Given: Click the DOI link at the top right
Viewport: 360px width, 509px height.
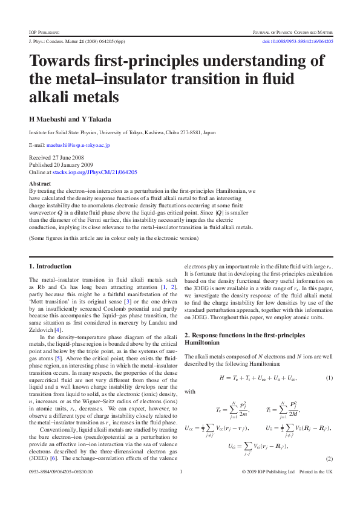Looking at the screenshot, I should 296,41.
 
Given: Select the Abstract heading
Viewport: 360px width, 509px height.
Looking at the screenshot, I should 40,183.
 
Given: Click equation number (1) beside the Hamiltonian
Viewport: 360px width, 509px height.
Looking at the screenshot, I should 330,378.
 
